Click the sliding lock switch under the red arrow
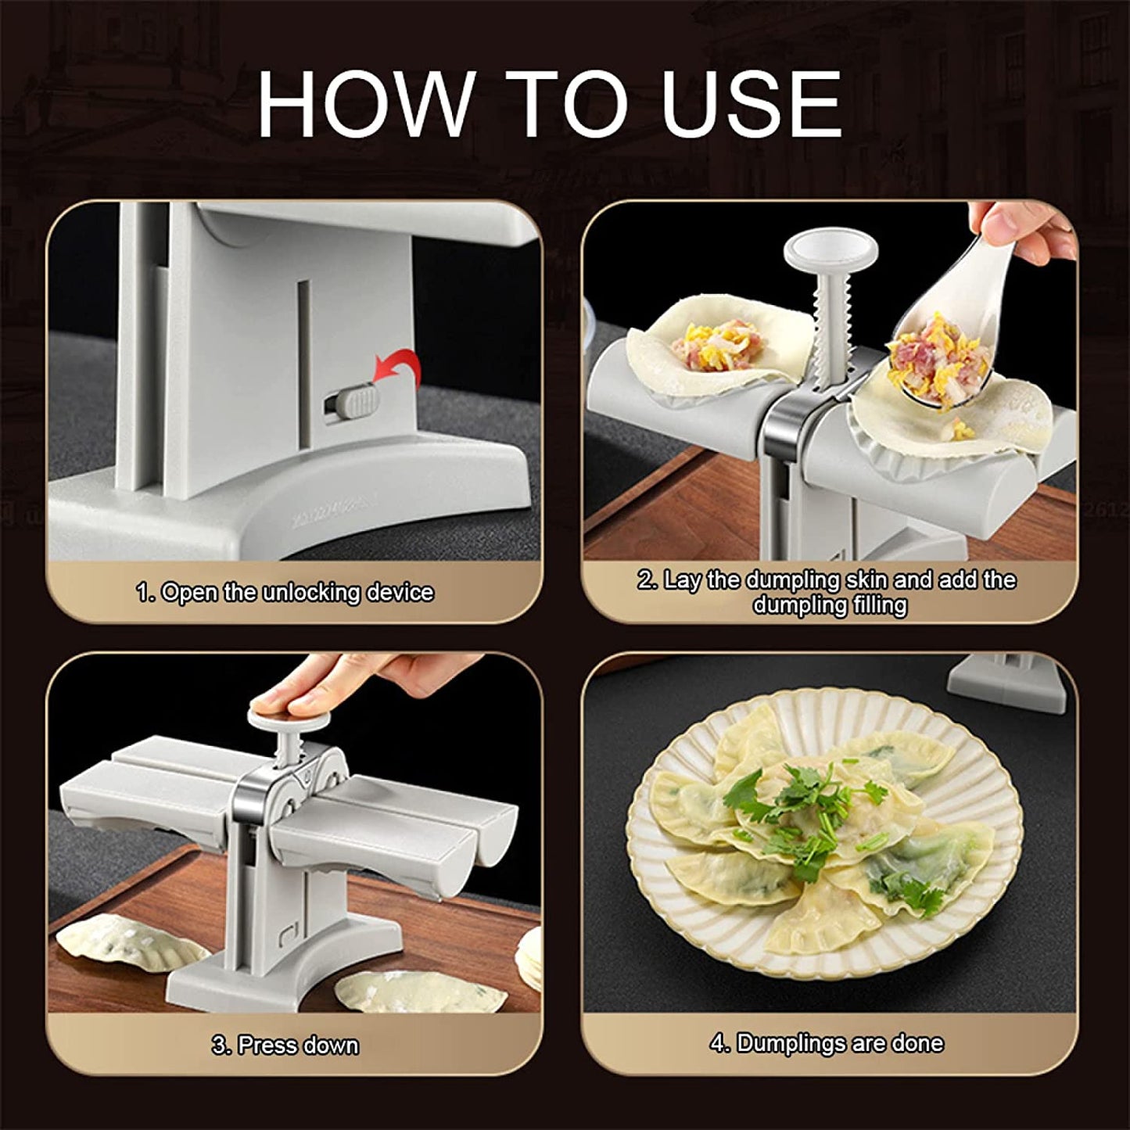point(351,403)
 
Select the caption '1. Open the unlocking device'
point(285,592)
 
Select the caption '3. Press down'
point(285,1045)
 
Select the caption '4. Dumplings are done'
point(827,1043)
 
